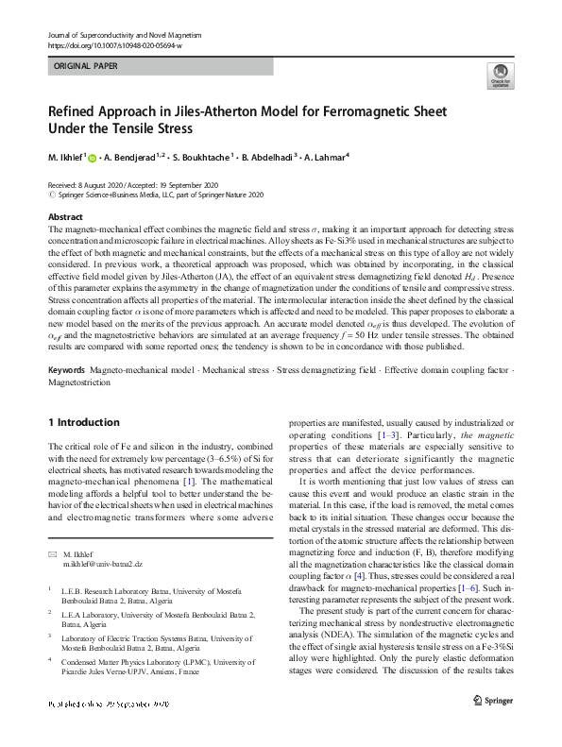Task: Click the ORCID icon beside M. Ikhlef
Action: coord(94,157)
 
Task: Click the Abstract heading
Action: coord(65,217)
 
